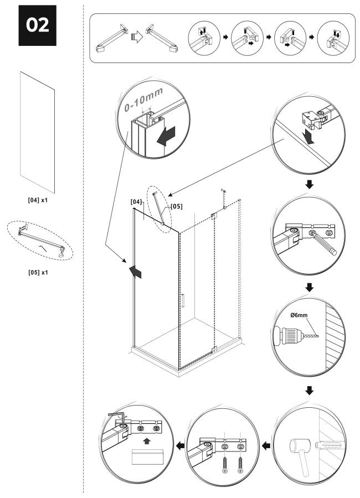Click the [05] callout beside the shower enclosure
[176, 206]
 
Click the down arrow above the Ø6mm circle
[308, 288]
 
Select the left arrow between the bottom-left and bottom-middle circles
[180, 445]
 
